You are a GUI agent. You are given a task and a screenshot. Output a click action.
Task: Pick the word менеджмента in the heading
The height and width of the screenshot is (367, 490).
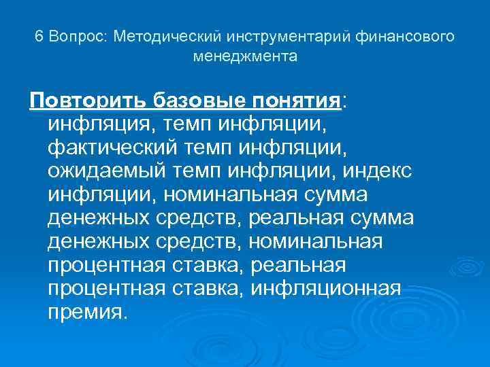point(245,56)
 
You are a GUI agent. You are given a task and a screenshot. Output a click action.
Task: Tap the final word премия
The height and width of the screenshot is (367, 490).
point(88,312)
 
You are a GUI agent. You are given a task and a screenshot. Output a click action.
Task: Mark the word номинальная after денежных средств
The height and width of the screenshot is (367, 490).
point(316,242)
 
